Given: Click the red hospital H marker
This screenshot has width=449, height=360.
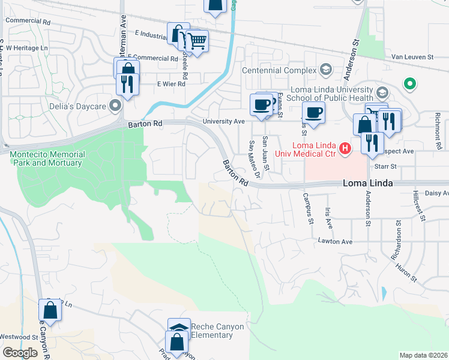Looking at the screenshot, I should pyautogui.click(x=345, y=148).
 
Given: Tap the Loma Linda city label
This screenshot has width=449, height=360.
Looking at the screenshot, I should pyautogui.click(x=367, y=184).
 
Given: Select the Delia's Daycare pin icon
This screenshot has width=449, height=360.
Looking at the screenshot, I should pyautogui.click(x=115, y=106).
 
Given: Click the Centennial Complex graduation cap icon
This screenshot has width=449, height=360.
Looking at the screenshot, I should pyautogui.click(x=326, y=70).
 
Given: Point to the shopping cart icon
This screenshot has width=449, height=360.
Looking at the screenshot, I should pyautogui.click(x=197, y=41).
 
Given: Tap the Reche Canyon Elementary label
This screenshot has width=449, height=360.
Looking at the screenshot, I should pyautogui.click(x=209, y=331).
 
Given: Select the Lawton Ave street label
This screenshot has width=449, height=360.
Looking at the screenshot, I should pyautogui.click(x=335, y=242).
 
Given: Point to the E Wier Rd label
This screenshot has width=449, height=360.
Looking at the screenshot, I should pyautogui.click(x=171, y=85).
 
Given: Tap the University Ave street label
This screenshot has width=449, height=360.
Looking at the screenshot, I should pyautogui.click(x=224, y=121).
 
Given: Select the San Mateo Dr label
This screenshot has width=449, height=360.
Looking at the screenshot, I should pyautogui.click(x=255, y=158).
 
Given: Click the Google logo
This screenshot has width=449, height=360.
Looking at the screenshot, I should pyautogui.click(x=20, y=353).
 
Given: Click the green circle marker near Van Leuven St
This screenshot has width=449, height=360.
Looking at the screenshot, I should pyautogui.click(x=410, y=84).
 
